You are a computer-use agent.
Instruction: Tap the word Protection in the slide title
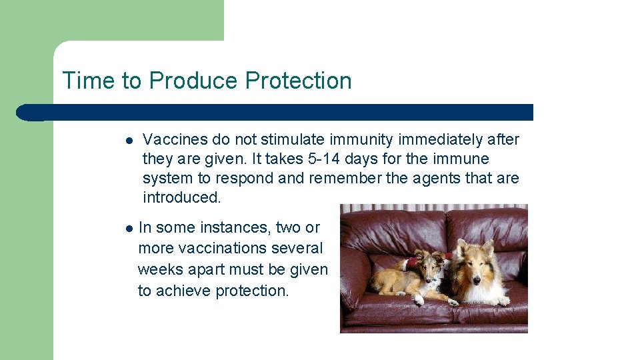[298, 81]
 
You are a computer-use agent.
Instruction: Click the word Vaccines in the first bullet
[175, 139]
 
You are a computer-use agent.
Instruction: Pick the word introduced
[181, 197]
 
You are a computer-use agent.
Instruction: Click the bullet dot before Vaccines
[128, 141]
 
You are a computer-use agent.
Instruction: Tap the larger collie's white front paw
[501, 301]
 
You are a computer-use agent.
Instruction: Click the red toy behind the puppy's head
[409, 263]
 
